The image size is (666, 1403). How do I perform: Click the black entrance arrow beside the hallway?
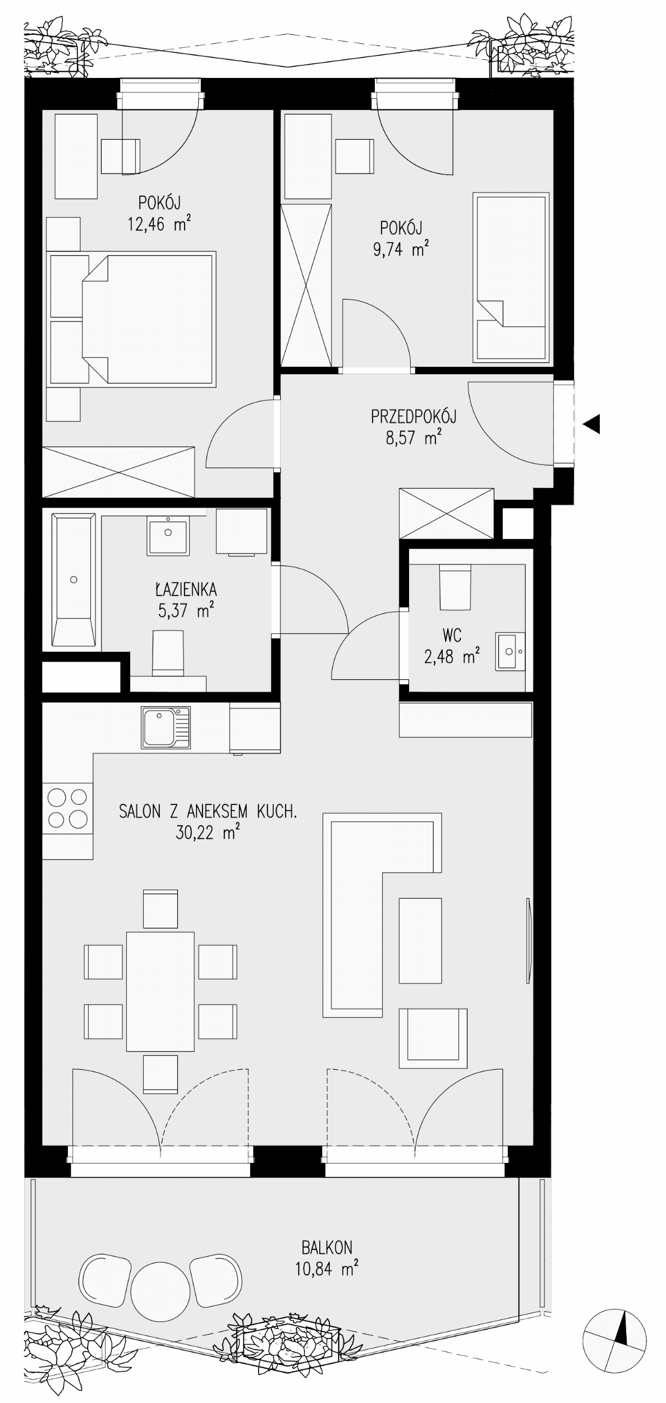[x=591, y=424]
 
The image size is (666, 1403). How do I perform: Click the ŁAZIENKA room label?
[x=186, y=589]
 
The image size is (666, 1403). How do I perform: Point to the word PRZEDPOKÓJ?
[x=414, y=416]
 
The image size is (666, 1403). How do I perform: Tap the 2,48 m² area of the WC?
[x=452, y=656]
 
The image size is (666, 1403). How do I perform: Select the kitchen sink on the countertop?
[x=166, y=728]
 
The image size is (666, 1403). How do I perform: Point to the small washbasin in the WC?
[x=510, y=651]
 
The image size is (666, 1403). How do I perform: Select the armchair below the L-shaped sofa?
[x=433, y=1038]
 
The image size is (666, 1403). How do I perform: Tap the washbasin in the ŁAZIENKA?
[x=168, y=536]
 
